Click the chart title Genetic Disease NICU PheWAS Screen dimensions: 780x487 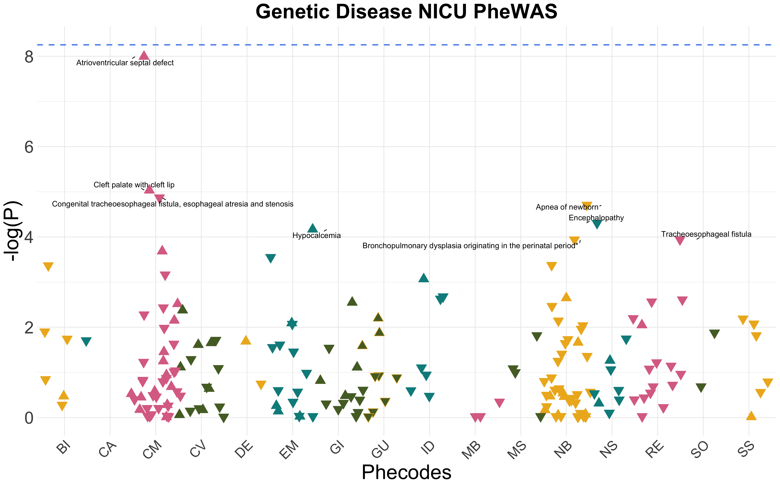(406, 12)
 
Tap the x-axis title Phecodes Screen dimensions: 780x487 (406, 473)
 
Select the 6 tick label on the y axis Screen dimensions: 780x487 (29, 147)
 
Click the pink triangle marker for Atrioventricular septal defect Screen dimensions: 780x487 (144, 55)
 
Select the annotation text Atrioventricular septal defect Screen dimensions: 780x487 (125, 63)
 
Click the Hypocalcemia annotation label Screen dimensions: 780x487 (317, 235)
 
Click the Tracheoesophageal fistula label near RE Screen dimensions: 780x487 (706, 234)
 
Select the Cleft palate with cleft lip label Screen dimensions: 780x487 (134, 185)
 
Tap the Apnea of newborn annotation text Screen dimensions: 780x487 (567, 207)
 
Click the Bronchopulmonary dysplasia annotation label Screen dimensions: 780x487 (470, 246)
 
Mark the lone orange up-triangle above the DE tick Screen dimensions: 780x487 (246, 339)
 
